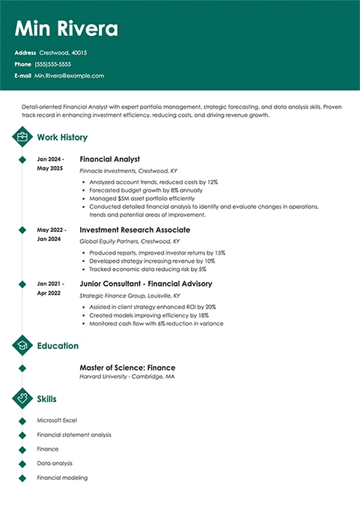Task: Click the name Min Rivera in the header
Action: click(67, 29)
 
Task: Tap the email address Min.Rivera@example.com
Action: click(69, 76)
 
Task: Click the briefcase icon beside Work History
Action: click(22, 137)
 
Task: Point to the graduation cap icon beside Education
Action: click(22, 346)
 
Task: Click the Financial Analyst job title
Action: click(109, 159)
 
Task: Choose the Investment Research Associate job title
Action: click(135, 230)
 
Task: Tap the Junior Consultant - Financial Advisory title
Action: click(145, 284)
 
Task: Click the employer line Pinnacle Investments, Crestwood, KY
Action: click(129, 171)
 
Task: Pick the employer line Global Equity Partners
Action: click(129, 242)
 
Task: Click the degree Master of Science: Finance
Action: click(127, 368)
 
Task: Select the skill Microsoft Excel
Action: click(57, 421)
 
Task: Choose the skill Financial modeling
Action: click(62, 478)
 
